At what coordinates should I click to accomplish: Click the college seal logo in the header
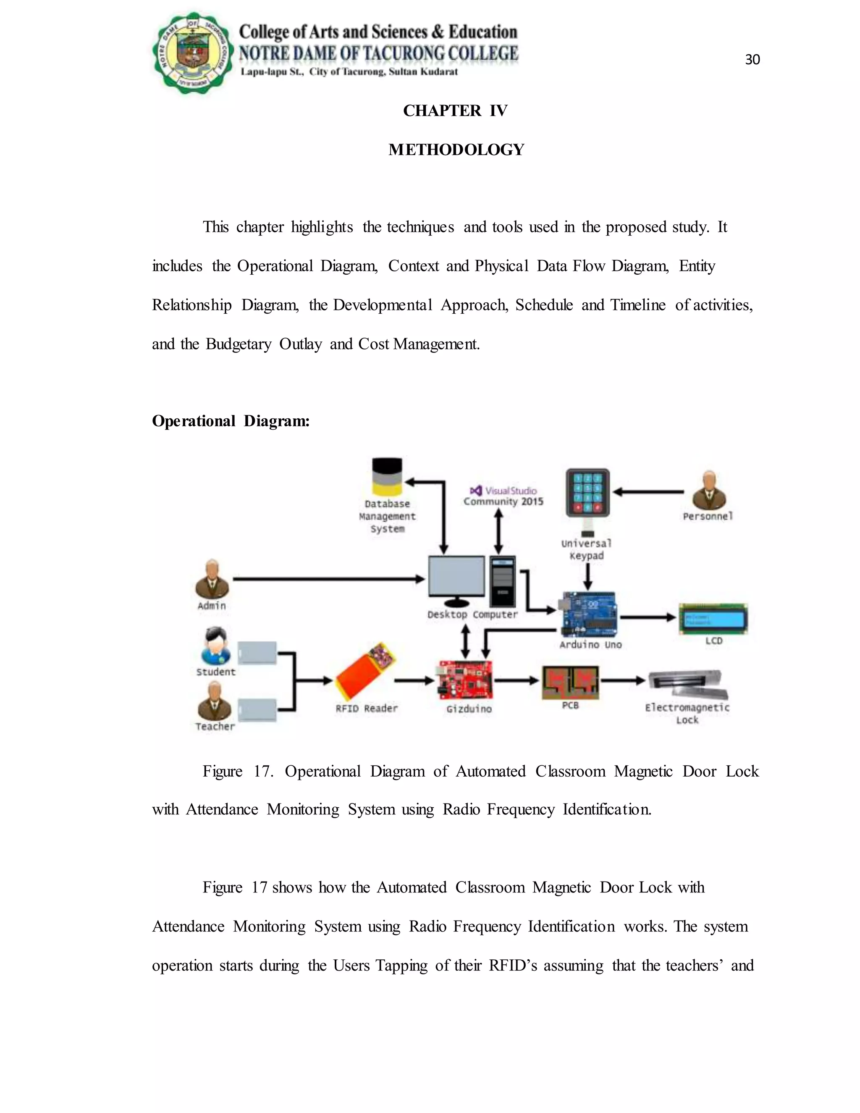coord(193,52)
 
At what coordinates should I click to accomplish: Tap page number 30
coord(752,60)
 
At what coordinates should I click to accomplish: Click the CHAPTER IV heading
coord(455,110)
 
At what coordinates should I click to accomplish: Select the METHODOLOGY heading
coord(456,150)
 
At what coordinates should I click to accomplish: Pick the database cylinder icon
coord(387,477)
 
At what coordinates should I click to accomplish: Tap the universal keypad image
coord(587,493)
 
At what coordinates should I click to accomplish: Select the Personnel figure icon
coord(709,490)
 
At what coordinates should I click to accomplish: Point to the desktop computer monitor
coord(456,577)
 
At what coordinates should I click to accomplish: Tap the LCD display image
coord(713,619)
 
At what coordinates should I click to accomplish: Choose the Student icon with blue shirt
coord(215,646)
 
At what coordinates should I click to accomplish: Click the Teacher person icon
coord(214,701)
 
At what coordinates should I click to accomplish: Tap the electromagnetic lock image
coord(687,685)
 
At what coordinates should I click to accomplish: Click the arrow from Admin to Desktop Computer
coord(329,579)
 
